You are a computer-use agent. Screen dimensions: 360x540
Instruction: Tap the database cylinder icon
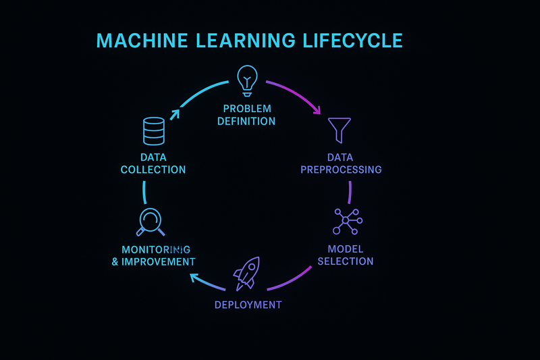click(x=153, y=130)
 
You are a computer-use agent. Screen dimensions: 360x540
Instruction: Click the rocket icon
click(x=245, y=273)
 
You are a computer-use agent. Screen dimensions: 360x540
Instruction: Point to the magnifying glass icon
click(x=151, y=222)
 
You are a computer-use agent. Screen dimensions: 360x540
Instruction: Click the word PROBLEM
click(x=247, y=109)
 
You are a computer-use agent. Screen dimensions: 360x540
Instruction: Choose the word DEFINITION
click(x=247, y=122)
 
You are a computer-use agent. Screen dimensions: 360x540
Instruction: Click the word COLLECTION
click(x=153, y=170)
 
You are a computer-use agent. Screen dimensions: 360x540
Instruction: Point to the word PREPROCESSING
click(x=341, y=170)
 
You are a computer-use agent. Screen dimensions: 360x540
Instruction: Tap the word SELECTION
click(x=346, y=261)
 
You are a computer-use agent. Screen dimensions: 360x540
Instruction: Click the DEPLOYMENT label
click(x=248, y=305)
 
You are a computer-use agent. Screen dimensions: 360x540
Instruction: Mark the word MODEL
click(x=346, y=249)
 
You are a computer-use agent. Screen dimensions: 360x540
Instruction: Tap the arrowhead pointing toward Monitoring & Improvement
click(x=194, y=277)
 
